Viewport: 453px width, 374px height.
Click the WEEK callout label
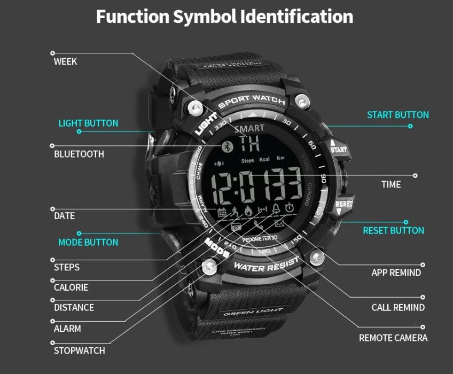coord(65,61)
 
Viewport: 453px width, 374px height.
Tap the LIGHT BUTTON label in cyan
coord(88,123)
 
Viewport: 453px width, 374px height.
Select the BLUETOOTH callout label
coord(79,154)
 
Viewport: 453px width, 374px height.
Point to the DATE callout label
coord(64,216)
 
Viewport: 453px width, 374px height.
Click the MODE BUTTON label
coord(88,243)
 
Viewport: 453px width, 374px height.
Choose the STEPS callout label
coord(67,267)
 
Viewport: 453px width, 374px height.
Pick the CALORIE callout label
coord(71,287)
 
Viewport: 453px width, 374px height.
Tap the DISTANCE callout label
coord(74,308)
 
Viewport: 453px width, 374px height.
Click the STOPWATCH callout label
coord(79,351)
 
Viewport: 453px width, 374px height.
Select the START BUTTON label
coord(397,115)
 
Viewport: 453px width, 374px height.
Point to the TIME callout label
coord(390,185)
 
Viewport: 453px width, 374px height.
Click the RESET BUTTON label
coord(393,231)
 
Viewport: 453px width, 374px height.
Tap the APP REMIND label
coord(396,273)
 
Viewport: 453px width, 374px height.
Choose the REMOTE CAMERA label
coord(393,338)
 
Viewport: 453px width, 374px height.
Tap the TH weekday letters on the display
coord(249,143)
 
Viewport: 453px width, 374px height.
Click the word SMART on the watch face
coord(248,128)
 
